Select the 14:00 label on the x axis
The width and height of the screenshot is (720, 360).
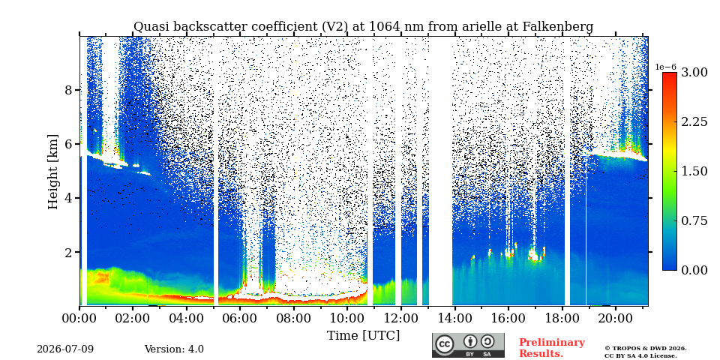[454, 318]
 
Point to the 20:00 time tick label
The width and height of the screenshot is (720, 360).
[615, 318]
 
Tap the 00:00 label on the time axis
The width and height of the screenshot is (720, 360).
[79, 318]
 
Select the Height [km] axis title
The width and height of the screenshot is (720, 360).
[53, 172]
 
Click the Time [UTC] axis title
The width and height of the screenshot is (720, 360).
[363, 336]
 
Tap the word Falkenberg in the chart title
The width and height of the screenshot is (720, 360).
[558, 27]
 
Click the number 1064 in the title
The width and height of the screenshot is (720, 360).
[383, 27]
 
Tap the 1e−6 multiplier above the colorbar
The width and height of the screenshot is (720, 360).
[665, 67]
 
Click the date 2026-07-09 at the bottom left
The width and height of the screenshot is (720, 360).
[65, 349]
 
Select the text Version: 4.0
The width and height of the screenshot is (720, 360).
[174, 349]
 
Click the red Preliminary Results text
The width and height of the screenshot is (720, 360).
[552, 348]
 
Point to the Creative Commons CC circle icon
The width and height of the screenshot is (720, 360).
[445, 345]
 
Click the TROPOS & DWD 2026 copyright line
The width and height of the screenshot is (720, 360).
[646, 349]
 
